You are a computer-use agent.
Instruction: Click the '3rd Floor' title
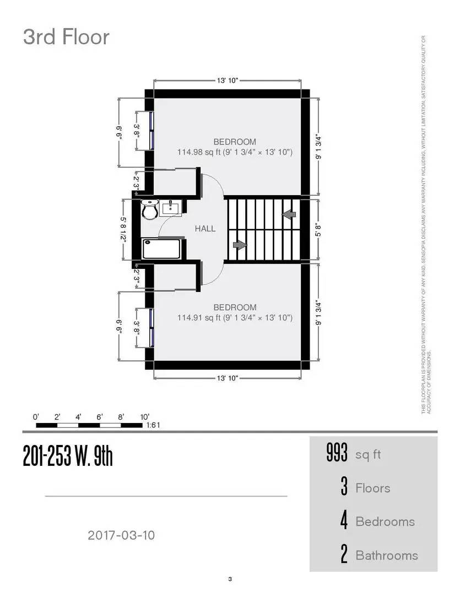[x=66, y=37]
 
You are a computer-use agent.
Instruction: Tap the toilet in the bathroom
[x=149, y=209]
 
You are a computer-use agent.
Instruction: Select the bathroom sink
[x=171, y=207]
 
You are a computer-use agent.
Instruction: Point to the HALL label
[x=205, y=229]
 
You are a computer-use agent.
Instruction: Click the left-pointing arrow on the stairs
[x=289, y=213]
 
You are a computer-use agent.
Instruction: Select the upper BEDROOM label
[x=235, y=142]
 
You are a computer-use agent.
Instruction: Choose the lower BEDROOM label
[x=235, y=307]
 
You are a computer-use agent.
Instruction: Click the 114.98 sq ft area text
[x=235, y=152]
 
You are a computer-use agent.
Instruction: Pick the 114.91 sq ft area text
[x=235, y=317]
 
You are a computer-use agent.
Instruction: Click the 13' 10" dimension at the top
[x=227, y=81]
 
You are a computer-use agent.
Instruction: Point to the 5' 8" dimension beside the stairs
[x=318, y=229]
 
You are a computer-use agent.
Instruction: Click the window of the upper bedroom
[x=150, y=130]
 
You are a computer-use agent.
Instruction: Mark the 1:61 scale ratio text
[x=153, y=425]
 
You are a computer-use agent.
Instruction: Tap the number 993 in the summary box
[x=337, y=454]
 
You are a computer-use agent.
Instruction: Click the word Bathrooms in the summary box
[x=386, y=555]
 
